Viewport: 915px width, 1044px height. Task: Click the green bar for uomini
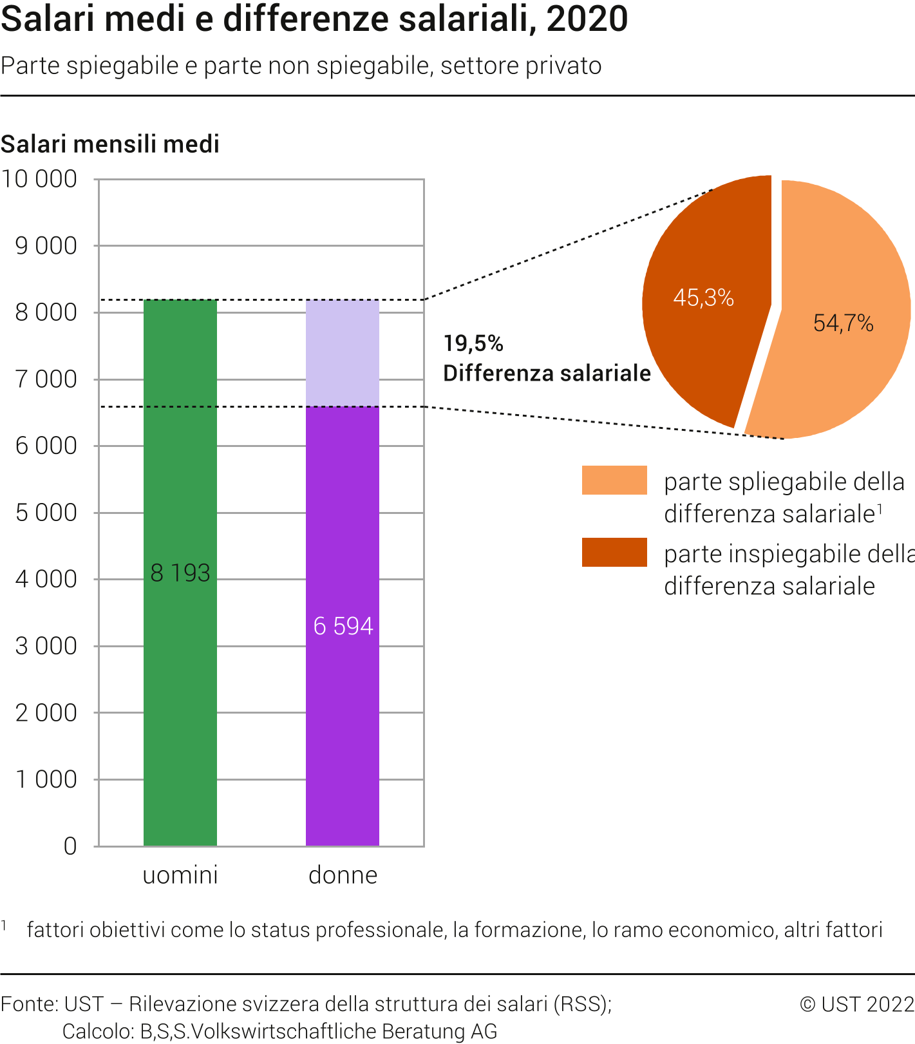point(180,708)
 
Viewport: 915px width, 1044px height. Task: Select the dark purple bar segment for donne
point(342,741)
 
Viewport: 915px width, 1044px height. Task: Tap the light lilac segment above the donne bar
point(342,353)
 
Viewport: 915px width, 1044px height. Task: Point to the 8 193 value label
point(180,573)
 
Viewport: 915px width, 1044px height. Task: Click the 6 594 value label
point(343,626)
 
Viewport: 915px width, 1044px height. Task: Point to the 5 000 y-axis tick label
point(46,513)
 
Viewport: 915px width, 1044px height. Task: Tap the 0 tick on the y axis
point(70,846)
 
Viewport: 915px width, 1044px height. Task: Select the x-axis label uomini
point(180,875)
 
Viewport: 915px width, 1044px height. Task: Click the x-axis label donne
point(343,875)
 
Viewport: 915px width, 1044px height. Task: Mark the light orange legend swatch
point(614,480)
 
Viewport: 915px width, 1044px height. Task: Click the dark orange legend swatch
point(614,553)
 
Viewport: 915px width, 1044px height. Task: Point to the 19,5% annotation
point(473,344)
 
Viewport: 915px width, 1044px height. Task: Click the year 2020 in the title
point(587,19)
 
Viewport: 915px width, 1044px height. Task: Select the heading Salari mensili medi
point(110,144)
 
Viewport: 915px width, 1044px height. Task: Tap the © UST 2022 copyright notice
point(856,1004)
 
